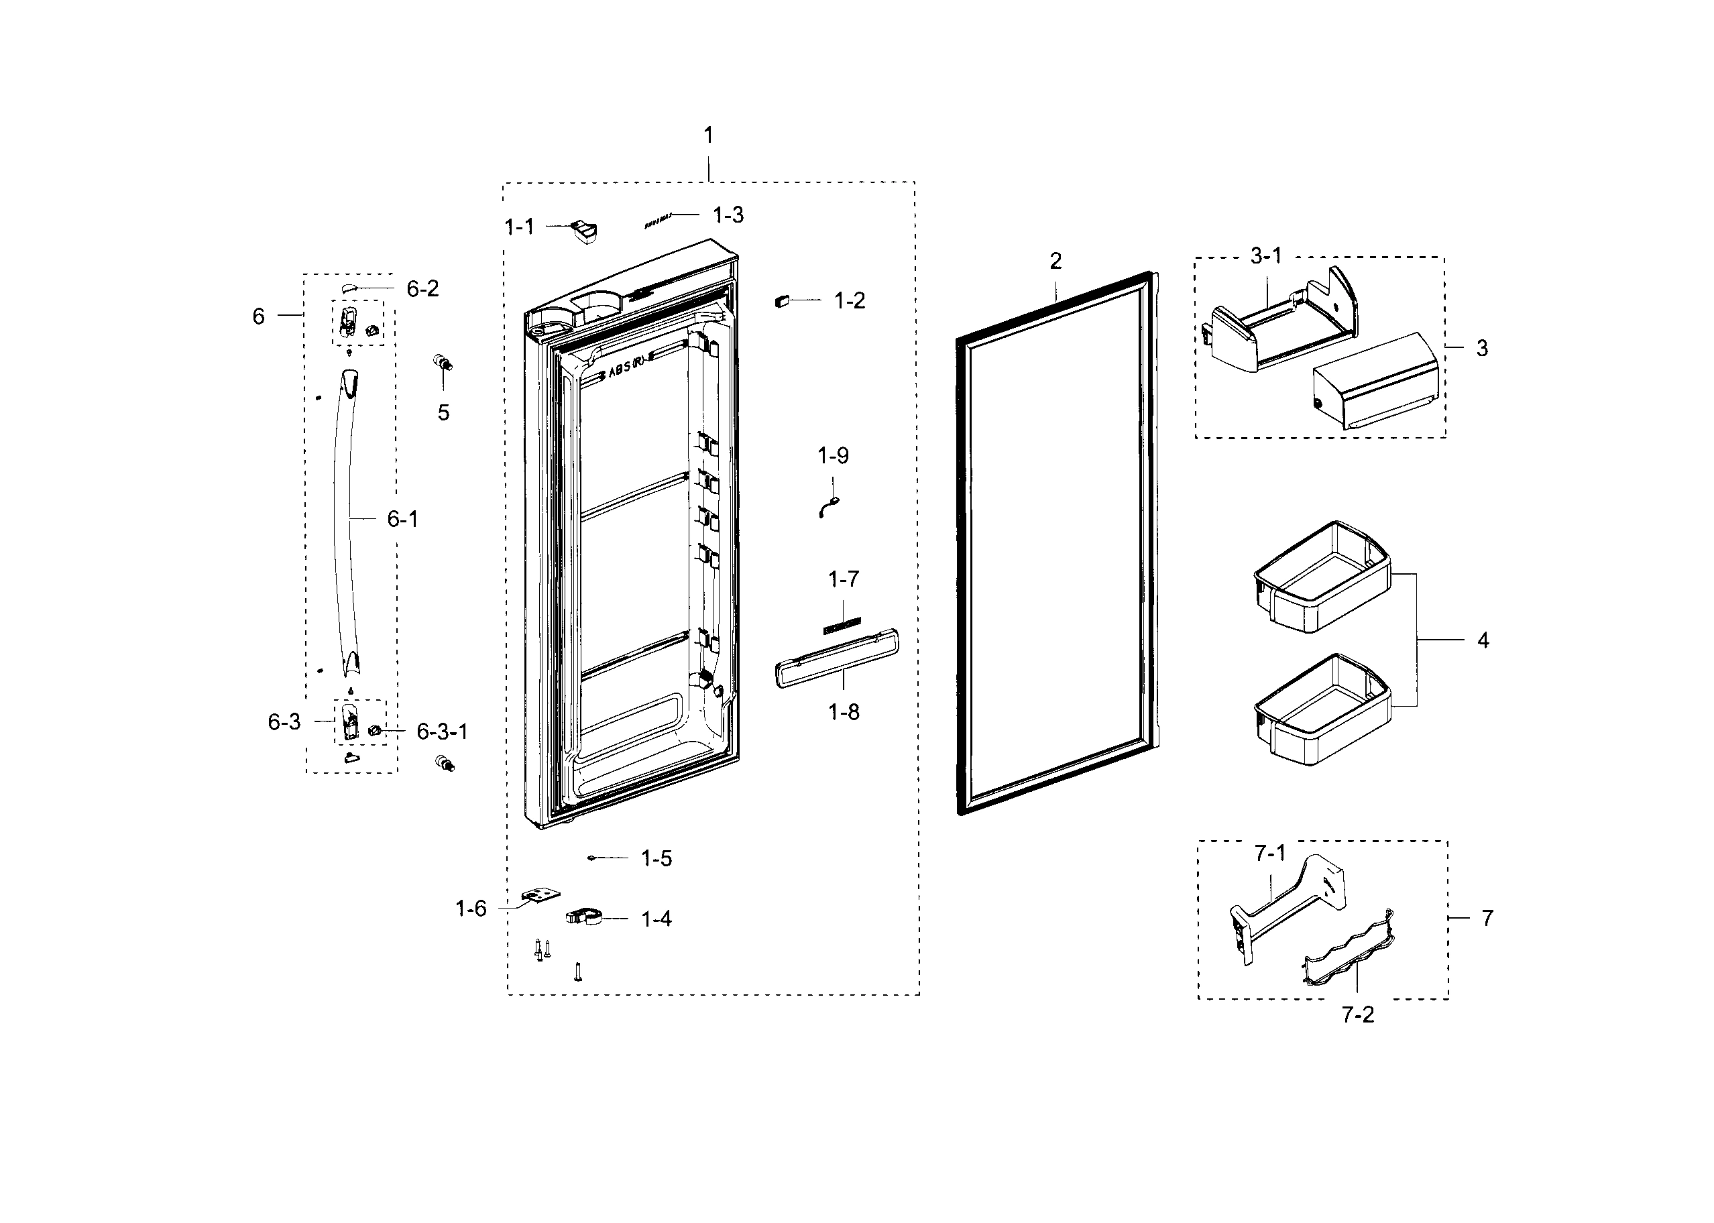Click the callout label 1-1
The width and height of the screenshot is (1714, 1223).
point(519,227)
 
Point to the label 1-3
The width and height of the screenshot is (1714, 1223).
point(728,215)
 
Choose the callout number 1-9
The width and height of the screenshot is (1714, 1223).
point(833,456)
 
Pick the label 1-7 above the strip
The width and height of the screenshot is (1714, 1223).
point(843,579)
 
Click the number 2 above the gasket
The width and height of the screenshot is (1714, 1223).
point(1055,261)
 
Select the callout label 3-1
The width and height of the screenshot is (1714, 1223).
point(1266,257)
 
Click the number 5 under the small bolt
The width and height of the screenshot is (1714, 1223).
point(443,412)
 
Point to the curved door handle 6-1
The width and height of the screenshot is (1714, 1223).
point(347,520)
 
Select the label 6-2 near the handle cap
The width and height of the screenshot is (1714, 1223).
point(422,289)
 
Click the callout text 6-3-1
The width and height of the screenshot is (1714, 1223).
point(442,732)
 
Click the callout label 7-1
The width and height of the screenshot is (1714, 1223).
point(1269,854)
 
